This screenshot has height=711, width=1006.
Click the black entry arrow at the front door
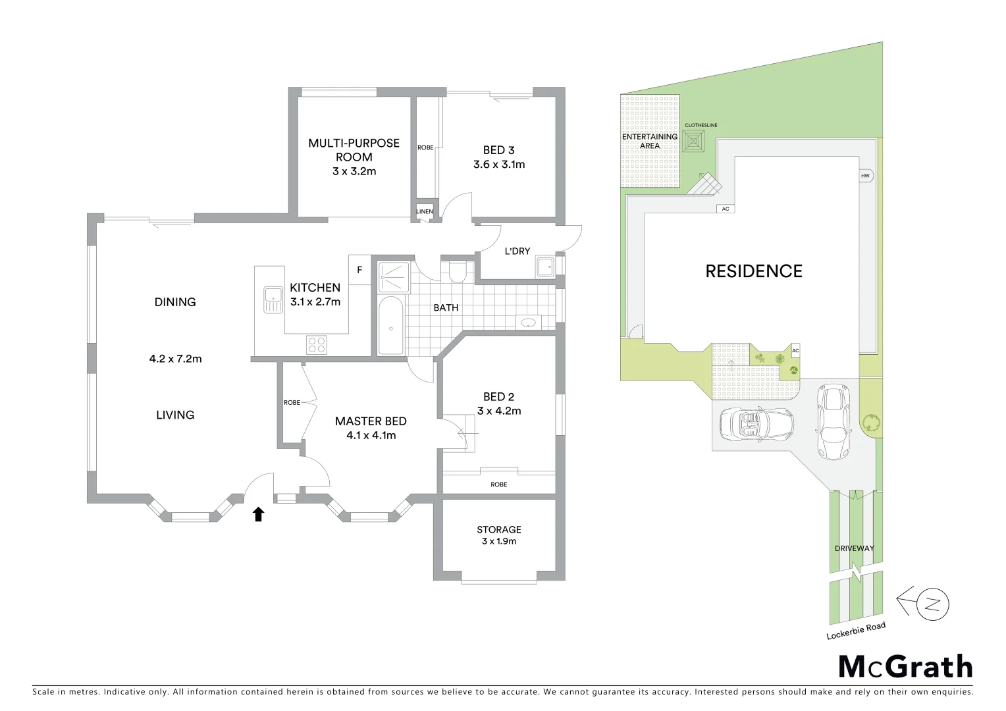[x=259, y=514]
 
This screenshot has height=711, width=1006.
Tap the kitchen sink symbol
[x=271, y=300]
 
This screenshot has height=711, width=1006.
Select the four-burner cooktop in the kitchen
[x=316, y=343]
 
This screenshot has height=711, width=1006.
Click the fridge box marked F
[x=359, y=270]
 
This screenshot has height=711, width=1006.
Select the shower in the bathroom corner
[x=393, y=276]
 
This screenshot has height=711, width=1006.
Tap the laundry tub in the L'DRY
[x=544, y=267]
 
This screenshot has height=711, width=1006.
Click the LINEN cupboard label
[x=425, y=211]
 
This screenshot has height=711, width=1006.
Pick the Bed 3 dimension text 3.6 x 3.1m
[x=499, y=165]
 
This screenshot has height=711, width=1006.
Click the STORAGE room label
[x=499, y=529]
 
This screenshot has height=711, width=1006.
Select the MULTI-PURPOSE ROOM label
[x=354, y=150]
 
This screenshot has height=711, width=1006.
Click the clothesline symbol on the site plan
[x=695, y=142]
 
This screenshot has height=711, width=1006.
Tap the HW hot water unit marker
[x=865, y=176]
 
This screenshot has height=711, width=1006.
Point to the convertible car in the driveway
[x=756, y=425]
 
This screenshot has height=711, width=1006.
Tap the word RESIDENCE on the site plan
[x=754, y=271]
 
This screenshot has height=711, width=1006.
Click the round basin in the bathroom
[x=528, y=323]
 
